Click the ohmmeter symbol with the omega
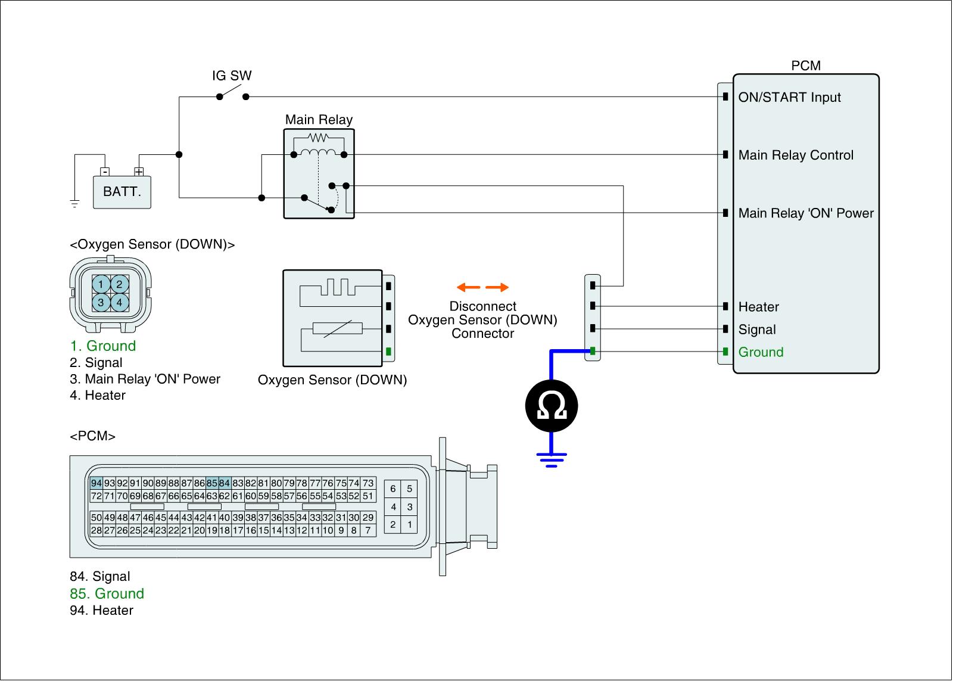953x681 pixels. (x=552, y=406)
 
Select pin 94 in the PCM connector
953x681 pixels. (x=96, y=483)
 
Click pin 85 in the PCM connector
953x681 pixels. (x=212, y=483)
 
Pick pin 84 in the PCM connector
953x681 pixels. (x=224, y=483)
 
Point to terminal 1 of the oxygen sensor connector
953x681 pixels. (x=101, y=284)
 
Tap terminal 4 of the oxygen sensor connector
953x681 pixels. (x=120, y=303)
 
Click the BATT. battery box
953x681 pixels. (x=122, y=192)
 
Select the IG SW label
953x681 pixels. (x=232, y=76)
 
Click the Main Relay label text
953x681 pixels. (x=319, y=120)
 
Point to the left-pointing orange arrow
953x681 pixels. (x=468, y=287)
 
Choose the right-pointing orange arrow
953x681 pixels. (x=497, y=287)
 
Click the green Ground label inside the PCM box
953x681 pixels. (x=761, y=352)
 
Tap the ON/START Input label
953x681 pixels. (x=790, y=97)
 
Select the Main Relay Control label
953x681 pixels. (x=796, y=155)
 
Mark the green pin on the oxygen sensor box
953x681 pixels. (x=388, y=352)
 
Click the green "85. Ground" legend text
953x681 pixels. (x=107, y=593)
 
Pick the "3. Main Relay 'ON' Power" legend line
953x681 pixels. (x=145, y=379)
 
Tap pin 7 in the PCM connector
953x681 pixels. (x=369, y=530)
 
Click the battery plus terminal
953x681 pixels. (x=139, y=172)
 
